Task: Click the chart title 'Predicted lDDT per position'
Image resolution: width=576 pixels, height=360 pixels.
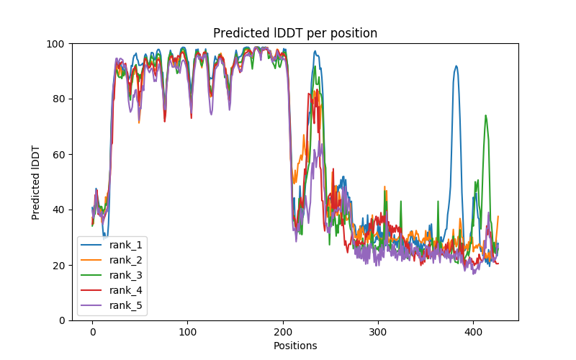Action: click(x=295, y=33)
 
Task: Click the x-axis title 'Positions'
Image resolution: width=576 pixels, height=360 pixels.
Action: click(x=295, y=346)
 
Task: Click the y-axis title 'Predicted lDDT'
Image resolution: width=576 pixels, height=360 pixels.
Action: click(x=36, y=181)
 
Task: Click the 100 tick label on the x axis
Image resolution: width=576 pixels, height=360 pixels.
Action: click(x=187, y=332)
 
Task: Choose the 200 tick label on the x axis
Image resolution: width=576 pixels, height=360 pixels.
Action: click(x=283, y=332)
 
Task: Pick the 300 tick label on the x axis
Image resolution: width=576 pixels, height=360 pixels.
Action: click(x=378, y=332)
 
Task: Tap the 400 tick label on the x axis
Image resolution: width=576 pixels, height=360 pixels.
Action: click(x=473, y=332)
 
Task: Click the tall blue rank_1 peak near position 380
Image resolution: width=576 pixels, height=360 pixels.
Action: click(x=456, y=66)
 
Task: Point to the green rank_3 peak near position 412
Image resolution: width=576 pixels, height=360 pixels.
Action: click(x=485, y=115)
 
